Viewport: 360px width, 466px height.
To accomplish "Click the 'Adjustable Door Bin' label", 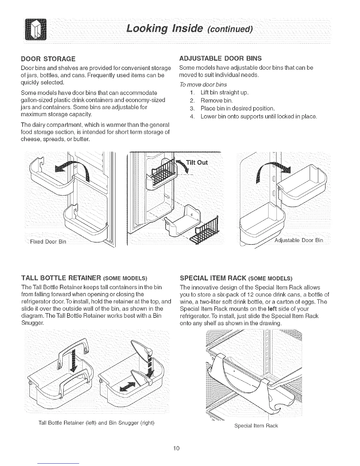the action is (298, 240).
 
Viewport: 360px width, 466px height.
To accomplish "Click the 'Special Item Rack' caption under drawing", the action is (256, 426).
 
